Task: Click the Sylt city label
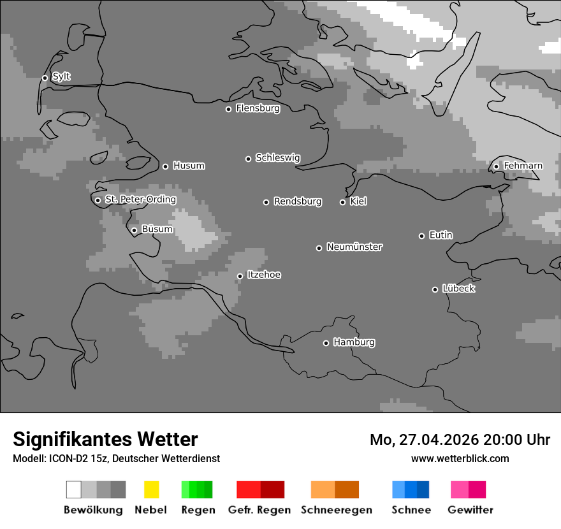click(x=61, y=76)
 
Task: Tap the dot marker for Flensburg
click(x=228, y=109)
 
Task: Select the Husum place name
click(x=189, y=166)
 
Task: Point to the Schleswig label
click(x=277, y=157)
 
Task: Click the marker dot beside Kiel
click(x=342, y=202)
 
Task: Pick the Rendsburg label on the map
click(x=298, y=201)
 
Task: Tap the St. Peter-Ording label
click(x=140, y=199)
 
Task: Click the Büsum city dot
click(x=134, y=230)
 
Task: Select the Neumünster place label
click(x=354, y=247)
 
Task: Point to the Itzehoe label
click(x=264, y=275)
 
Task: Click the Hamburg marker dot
click(x=326, y=343)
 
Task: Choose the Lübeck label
click(x=458, y=289)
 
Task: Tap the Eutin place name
click(x=441, y=235)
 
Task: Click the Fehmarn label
click(x=523, y=166)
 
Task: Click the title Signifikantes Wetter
click(x=105, y=439)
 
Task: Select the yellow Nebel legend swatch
click(x=151, y=489)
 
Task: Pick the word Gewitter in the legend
click(x=470, y=510)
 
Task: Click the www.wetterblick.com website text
click(x=460, y=458)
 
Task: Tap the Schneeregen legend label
click(x=337, y=510)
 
